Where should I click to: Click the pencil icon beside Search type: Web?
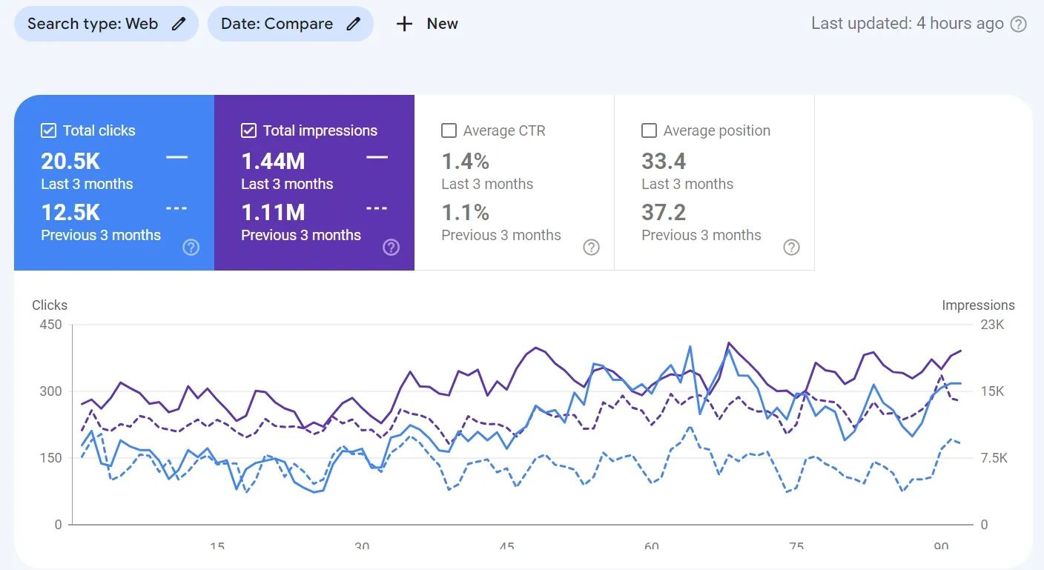(x=179, y=24)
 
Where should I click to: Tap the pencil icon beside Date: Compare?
(x=354, y=24)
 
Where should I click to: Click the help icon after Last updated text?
(x=1019, y=24)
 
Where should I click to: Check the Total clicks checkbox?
(x=48, y=131)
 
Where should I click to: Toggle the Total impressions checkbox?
(x=248, y=131)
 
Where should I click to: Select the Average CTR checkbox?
(x=449, y=131)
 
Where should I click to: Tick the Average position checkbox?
(x=649, y=131)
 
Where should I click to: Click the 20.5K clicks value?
(x=70, y=161)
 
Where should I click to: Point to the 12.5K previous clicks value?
(x=70, y=213)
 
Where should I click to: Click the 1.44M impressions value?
(x=273, y=161)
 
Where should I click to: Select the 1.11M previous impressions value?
(x=273, y=213)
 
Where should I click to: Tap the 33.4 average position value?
(x=664, y=161)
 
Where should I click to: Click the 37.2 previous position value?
(x=664, y=213)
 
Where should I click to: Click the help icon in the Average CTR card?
(x=591, y=248)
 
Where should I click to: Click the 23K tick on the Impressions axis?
(x=992, y=325)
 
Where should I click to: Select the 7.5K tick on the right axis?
(x=994, y=458)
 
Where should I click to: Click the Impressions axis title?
(x=978, y=305)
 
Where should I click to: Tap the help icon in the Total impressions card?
(x=391, y=248)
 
